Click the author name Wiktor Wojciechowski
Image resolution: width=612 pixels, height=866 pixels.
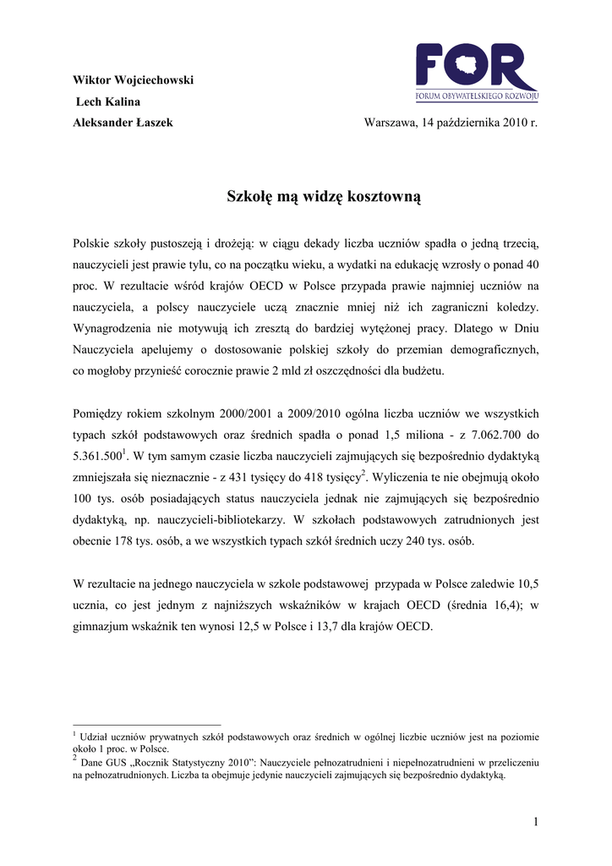coord(134,80)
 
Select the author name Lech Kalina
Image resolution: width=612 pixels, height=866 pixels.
coord(108,101)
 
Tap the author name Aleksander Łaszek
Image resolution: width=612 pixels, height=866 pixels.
coord(123,123)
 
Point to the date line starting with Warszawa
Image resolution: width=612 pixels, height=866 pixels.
coord(451,123)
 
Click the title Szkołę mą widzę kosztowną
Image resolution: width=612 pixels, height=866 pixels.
coord(324,197)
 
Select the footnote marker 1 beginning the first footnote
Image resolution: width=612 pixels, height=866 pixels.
coord(75,734)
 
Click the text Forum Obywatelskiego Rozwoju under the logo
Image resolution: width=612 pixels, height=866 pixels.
coord(477,96)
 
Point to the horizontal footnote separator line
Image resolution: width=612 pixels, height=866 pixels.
coord(147,725)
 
